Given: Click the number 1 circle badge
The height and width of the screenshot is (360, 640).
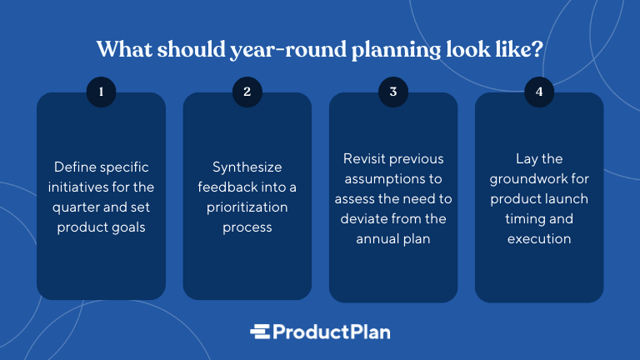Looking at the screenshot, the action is (x=101, y=92).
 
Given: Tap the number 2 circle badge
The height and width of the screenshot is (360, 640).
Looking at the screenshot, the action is (x=247, y=92).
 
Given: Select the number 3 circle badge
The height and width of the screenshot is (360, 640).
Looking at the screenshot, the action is (x=393, y=92).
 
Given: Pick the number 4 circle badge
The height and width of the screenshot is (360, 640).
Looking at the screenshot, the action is (x=539, y=92).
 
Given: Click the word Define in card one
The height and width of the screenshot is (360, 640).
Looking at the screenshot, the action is (x=76, y=167).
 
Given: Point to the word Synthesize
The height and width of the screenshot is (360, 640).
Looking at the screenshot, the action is (x=247, y=167).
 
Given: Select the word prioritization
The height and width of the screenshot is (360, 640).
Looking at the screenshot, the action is (x=247, y=207).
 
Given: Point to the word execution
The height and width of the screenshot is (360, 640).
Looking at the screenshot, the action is (x=539, y=239).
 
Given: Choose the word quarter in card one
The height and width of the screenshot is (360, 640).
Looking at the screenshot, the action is (x=75, y=207).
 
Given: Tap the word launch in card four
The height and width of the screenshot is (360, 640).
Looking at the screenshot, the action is (x=569, y=199).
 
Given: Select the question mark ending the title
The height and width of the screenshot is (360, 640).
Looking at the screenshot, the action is (x=538, y=49).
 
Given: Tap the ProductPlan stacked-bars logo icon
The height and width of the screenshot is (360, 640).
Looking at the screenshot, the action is (x=260, y=332).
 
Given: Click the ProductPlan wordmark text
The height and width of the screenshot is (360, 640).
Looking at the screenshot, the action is (x=332, y=332).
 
